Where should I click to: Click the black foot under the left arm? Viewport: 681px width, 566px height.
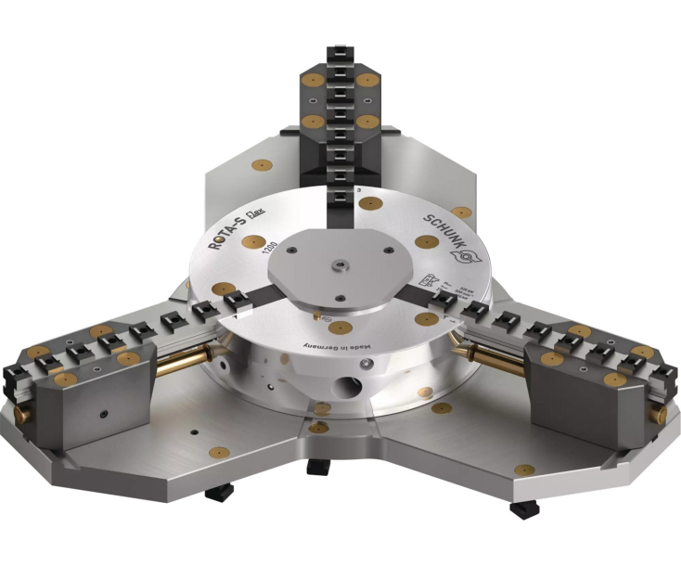(x=219, y=491)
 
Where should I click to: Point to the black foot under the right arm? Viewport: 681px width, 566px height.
(x=522, y=508)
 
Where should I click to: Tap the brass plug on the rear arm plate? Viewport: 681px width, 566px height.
(x=262, y=165)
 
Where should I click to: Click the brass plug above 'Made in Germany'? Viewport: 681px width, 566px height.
(x=340, y=328)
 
